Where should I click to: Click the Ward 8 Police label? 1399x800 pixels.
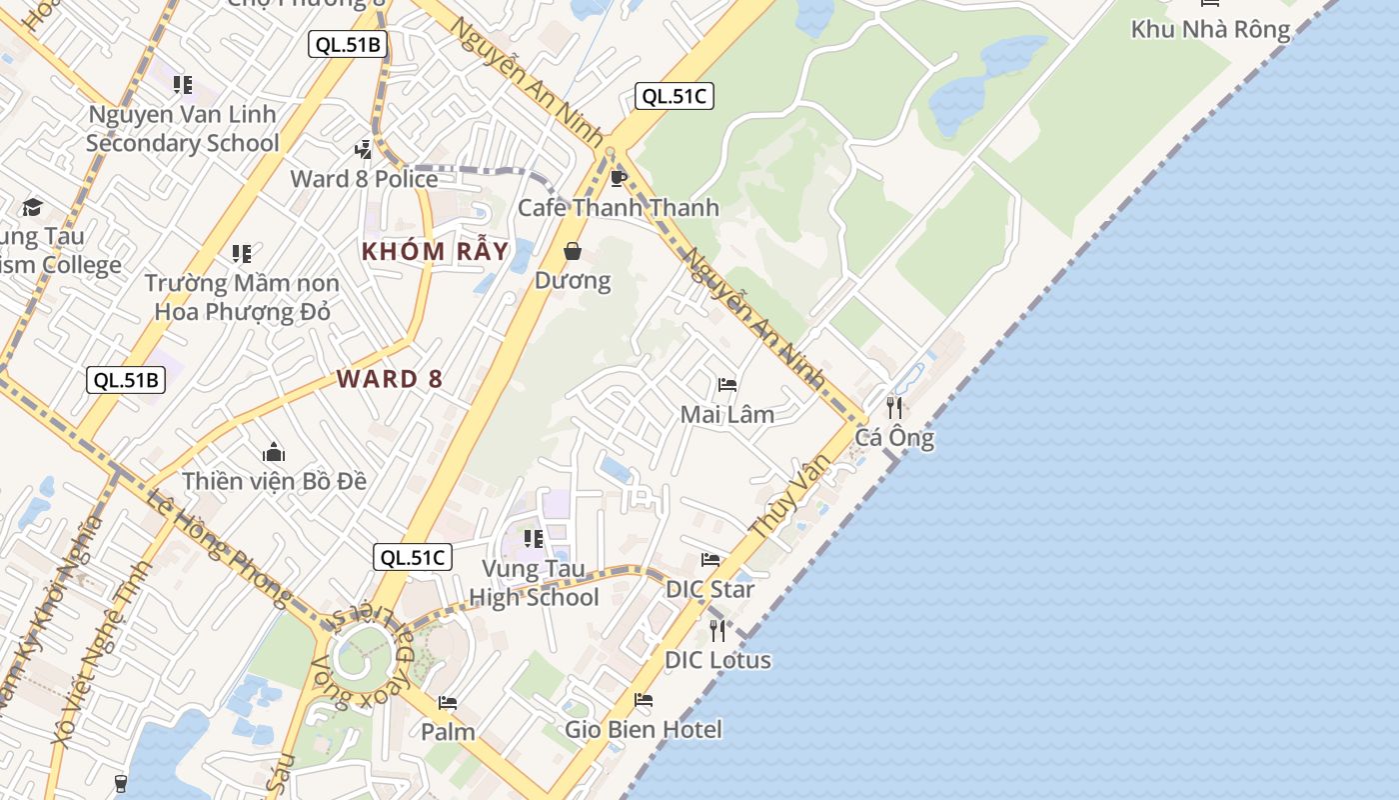pyautogui.click(x=364, y=179)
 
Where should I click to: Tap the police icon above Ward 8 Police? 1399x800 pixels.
pyautogui.click(x=364, y=150)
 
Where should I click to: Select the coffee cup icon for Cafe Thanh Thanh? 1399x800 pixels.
pyautogui.click(x=618, y=179)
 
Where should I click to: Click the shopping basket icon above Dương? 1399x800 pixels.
pyautogui.click(x=573, y=251)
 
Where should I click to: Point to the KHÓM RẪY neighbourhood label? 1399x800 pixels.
pyautogui.click(x=435, y=251)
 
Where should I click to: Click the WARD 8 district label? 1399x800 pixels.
pyautogui.click(x=390, y=379)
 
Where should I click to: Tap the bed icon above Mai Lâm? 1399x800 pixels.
pyautogui.click(x=727, y=385)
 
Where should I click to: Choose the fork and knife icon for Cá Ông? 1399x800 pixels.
pyautogui.click(x=894, y=408)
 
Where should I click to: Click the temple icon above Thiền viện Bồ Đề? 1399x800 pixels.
pyautogui.click(x=274, y=453)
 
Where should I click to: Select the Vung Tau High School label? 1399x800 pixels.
pyautogui.click(x=534, y=583)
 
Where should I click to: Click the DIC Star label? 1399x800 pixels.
pyautogui.click(x=710, y=589)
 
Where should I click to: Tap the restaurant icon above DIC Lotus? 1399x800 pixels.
pyautogui.click(x=717, y=630)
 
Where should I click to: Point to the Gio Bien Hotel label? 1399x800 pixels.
pyautogui.click(x=644, y=729)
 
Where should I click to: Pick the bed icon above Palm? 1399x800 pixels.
pyautogui.click(x=448, y=703)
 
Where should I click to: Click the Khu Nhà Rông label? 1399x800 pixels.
pyautogui.click(x=1210, y=29)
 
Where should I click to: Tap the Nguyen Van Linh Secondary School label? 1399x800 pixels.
pyautogui.click(x=182, y=128)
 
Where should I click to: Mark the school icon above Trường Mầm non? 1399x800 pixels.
pyautogui.click(x=242, y=254)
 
